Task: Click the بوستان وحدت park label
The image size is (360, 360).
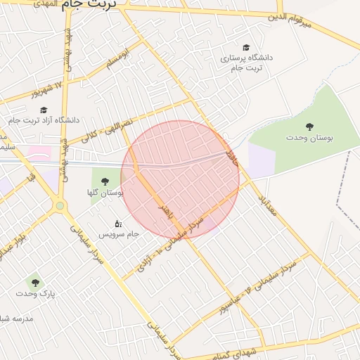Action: coord(309,139)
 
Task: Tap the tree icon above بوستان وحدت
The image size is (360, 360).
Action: coord(309,127)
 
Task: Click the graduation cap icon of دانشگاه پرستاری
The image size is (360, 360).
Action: coord(245,46)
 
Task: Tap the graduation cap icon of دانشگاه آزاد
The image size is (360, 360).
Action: coord(44,110)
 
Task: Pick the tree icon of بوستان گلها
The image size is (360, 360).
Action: coord(105,181)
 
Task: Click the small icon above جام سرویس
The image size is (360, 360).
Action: coord(118,223)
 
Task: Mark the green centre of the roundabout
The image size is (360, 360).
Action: coord(60,206)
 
